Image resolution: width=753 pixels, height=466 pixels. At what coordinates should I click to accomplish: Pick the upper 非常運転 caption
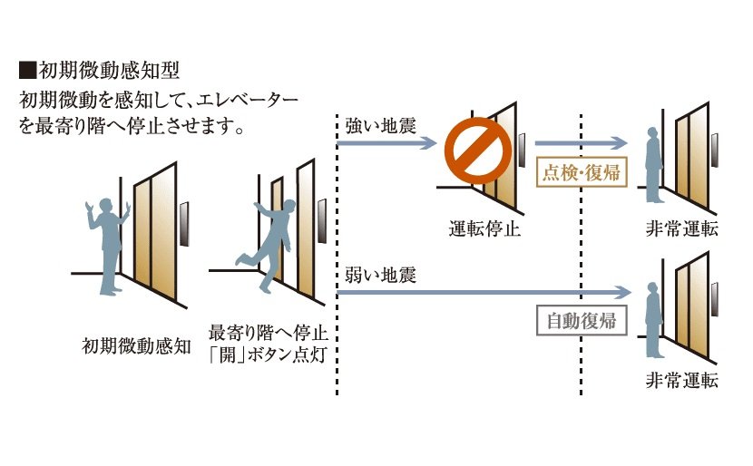pos(681,228)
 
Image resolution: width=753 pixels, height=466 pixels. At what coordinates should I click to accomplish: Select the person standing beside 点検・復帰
pos(651,165)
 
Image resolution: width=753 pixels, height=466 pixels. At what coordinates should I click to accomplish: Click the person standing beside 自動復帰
pos(650,316)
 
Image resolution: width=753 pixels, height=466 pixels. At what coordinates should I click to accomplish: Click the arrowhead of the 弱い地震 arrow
pos(621,293)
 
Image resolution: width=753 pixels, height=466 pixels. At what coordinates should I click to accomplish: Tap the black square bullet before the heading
pos(26,70)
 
